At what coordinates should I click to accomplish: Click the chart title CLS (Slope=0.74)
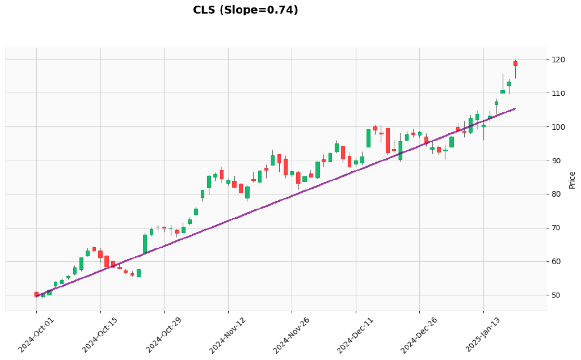[x=245, y=10]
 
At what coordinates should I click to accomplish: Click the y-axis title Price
[x=572, y=180]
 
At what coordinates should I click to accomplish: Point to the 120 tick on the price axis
[x=558, y=60]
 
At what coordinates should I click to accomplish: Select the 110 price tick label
[x=558, y=93]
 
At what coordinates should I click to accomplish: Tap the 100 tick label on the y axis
[x=558, y=127]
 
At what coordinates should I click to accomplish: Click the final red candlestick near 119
[x=515, y=63]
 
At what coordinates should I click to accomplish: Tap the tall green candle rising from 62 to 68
[x=145, y=244]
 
